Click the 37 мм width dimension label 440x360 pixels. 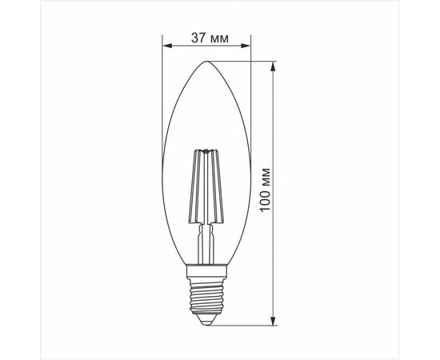click(x=210, y=38)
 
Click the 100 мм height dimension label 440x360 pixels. click(x=265, y=190)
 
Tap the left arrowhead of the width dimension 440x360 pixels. click(x=167, y=46)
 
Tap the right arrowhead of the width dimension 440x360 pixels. click(x=246, y=46)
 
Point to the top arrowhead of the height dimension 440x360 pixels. click(x=273, y=66)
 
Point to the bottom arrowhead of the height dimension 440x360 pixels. click(x=273, y=321)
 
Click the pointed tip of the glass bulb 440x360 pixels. click(x=206, y=62)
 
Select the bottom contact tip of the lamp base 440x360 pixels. click(x=207, y=322)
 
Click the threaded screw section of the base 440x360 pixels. click(x=207, y=295)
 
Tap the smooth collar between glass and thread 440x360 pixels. click(x=207, y=270)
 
